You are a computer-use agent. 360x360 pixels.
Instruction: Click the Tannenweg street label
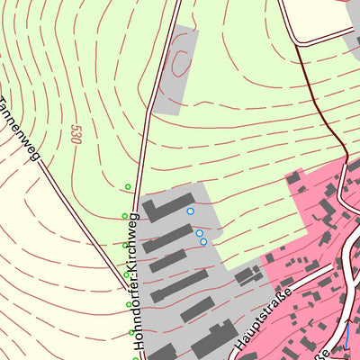(x=22, y=130)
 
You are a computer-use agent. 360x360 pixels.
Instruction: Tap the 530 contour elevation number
(x=75, y=134)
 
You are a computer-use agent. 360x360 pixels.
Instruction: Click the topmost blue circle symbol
(x=190, y=211)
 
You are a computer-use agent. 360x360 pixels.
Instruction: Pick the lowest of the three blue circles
(x=203, y=241)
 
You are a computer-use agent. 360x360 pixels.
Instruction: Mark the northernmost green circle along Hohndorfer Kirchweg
(x=128, y=187)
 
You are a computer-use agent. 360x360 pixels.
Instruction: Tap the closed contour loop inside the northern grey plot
(x=182, y=63)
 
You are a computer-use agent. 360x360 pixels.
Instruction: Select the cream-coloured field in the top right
(x=319, y=18)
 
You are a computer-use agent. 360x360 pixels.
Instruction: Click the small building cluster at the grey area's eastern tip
(x=247, y=275)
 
